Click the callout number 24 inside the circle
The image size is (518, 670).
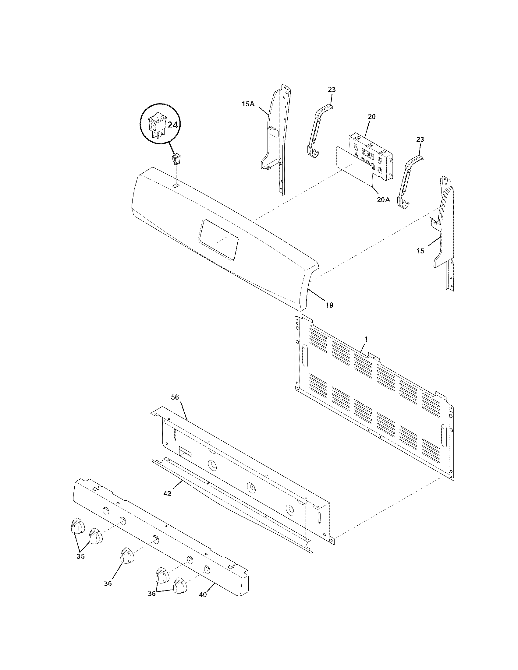tap(172, 125)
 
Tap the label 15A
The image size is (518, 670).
tap(248, 104)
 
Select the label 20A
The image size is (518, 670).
tap(383, 200)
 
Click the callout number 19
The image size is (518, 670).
tap(329, 305)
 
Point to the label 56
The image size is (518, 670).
tap(175, 397)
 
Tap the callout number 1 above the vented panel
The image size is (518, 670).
tap(366, 339)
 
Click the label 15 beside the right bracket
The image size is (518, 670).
tap(420, 251)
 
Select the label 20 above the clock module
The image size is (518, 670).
tap(371, 117)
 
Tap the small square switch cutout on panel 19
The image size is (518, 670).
tap(176, 185)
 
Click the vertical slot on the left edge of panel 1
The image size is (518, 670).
tap(305, 356)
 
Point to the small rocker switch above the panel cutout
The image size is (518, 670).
tap(176, 159)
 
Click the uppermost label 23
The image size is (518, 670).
tap(332, 90)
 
